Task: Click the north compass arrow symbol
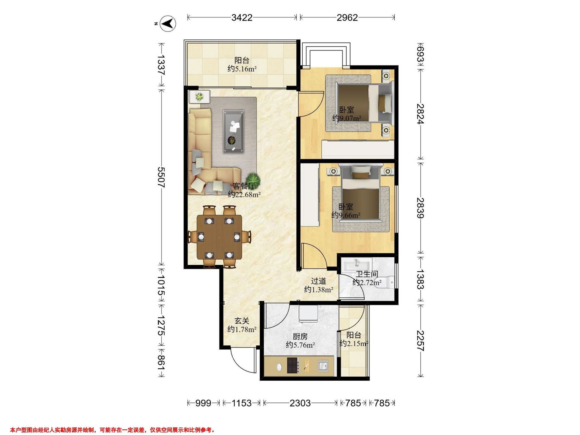click(x=168, y=24)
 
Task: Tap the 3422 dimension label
click(x=242, y=18)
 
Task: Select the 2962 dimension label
click(x=347, y=18)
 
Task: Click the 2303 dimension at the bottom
click(x=300, y=403)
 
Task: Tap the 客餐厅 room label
click(x=244, y=186)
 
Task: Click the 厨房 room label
click(x=300, y=336)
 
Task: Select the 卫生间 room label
click(x=367, y=274)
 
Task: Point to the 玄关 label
click(x=241, y=321)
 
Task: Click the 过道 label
click(x=318, y=281)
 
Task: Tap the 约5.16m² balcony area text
click(x=242, y=69)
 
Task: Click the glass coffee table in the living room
click(x=234, y=131)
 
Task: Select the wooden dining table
click(x=219, y=237)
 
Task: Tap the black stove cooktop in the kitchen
click(x=293, y=365)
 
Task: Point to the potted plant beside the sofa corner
click(x=254, y=179)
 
